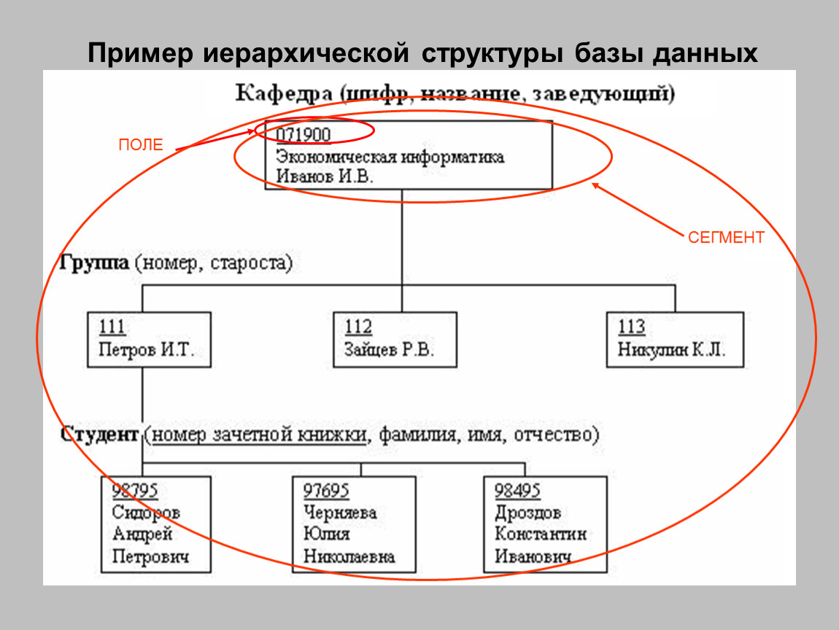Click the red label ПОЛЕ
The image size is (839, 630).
click(141, 145)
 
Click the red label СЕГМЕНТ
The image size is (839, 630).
click(726, 238)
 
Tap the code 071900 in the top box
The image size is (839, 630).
click(303, 134)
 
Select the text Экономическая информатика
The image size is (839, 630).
click(390, 156)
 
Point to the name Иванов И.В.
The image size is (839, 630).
click(324, 176)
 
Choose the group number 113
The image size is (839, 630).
click(631, 327)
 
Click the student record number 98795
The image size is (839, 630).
click(136, 490)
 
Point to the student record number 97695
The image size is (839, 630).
click(327, 490)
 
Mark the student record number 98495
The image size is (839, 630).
click(519, 490)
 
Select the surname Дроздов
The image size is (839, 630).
click(527, 513)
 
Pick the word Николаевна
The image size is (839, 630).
click(349, 557)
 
